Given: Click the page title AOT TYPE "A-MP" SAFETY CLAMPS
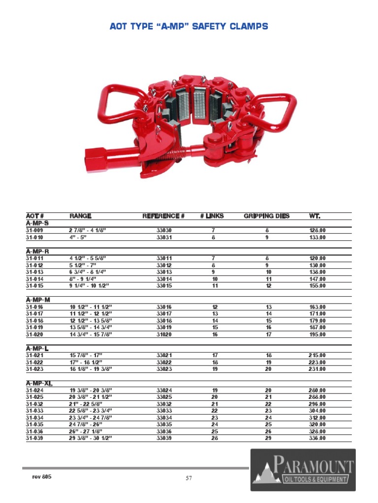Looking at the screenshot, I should (x=189, y=27).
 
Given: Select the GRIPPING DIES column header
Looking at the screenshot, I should (x=267, y=216).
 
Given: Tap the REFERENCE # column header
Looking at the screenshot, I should (x=163, y=216).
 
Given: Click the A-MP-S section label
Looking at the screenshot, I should (x=37, y=223).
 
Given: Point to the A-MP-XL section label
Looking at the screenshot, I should (x=39, y=383).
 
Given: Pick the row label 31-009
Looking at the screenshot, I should (x=34, y=230).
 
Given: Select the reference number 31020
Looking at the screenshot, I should (x=164, y=335).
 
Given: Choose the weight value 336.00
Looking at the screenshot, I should (x=317, y=438).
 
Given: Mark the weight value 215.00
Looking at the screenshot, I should (x=317, y=355).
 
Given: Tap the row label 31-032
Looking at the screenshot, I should (x=35, y=404).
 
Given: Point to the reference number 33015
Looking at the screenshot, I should (x=164, y=286).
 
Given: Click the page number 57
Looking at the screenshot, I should (x=189, y=478).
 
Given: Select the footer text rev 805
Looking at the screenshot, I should (x=42, y=477).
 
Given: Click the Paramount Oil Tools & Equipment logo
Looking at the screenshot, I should (x=303, y=470).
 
